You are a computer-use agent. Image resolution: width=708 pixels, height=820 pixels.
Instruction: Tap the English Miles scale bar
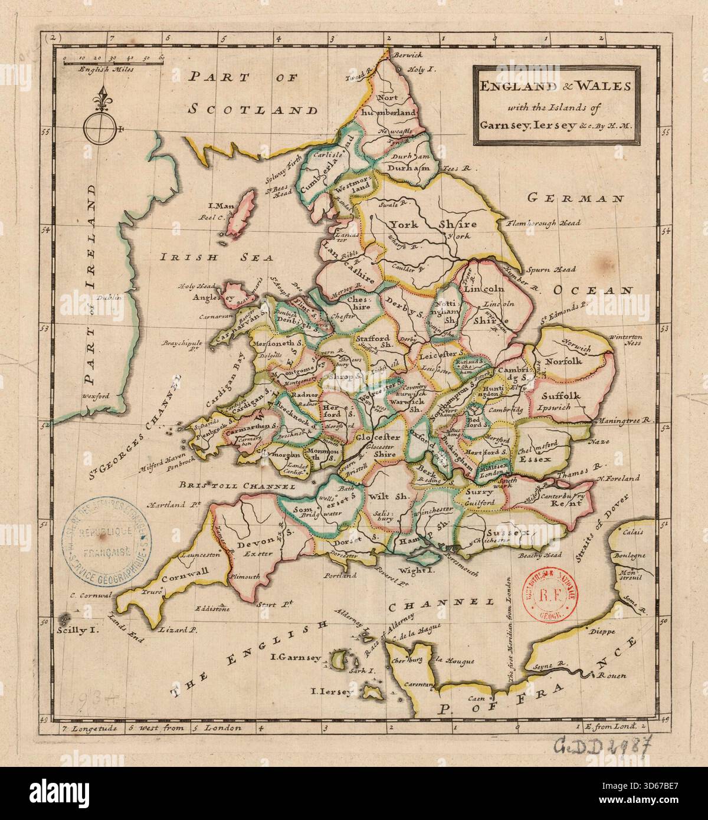pyautogui.click(x=112, y=60)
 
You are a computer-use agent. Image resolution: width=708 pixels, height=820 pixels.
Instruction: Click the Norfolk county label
pyautogui.click(x=563, y=360)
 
